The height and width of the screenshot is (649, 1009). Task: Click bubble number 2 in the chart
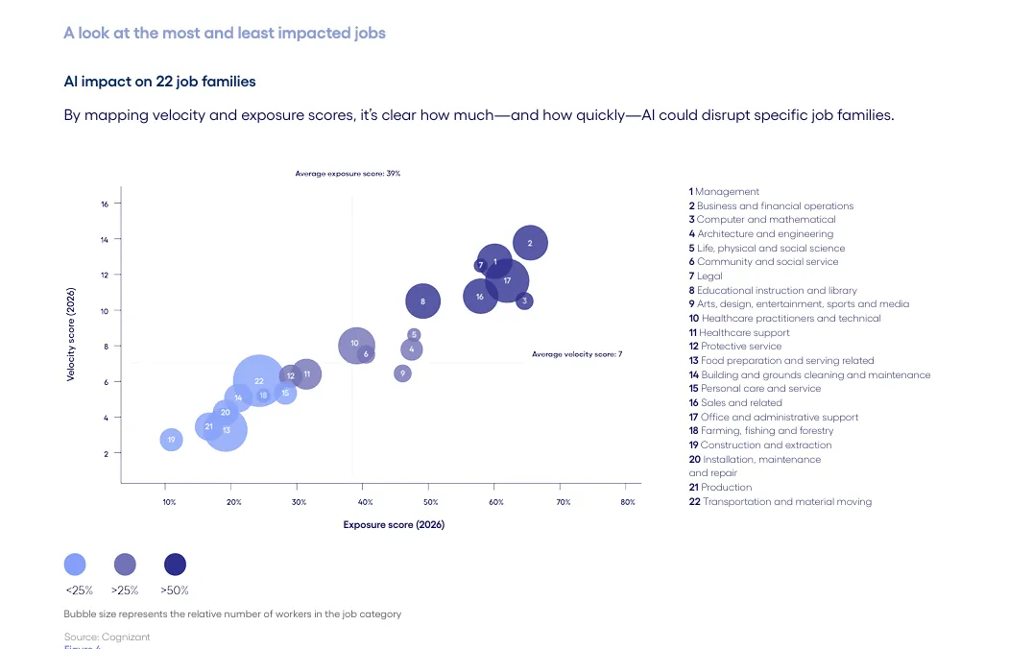(530, 243)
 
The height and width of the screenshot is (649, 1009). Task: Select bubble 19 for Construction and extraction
(171, 440)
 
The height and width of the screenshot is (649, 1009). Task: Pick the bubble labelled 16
(480, 297)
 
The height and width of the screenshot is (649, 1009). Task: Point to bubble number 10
(354, 344)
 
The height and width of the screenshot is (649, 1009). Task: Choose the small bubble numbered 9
(402, 373)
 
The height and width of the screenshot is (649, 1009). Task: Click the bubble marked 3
(523, 301)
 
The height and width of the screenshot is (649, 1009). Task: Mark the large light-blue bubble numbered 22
(258, 381)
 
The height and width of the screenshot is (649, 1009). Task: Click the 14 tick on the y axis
(104, 239)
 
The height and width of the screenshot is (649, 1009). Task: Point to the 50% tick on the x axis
(431, 502)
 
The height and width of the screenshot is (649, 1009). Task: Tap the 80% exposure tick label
(628, 502)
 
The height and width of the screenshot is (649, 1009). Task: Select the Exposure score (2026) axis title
(394, 524)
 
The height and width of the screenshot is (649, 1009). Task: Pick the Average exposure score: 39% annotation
(348, 174)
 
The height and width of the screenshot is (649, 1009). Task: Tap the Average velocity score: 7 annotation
(577, 354)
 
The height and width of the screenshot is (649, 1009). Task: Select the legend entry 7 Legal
(706, 276)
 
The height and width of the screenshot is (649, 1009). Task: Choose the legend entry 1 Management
(724, 192)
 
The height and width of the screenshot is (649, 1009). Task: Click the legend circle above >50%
(175, 565)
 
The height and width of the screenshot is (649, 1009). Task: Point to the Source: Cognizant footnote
(107, 637)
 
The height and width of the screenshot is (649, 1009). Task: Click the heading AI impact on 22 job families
(159, 82)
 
